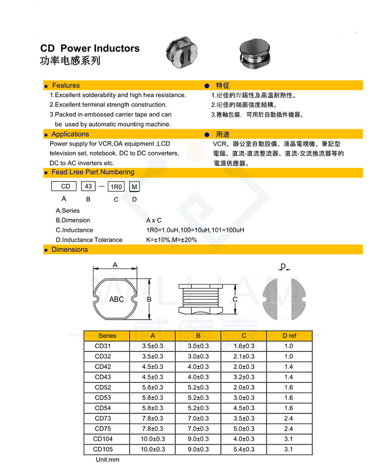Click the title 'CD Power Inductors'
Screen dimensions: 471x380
point(90,49)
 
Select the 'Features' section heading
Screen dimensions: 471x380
point(65,86)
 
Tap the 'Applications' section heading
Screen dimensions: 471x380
point(70,134)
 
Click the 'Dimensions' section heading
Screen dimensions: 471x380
point(69,250)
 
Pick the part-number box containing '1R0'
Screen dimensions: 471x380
point(117,187)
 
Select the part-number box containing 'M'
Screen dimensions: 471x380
point(134,187)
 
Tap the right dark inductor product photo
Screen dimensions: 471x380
point(256,53)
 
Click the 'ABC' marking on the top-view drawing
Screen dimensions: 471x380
point(117,299)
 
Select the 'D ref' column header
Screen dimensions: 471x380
point(289,336)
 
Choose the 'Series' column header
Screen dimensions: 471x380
point(107,336)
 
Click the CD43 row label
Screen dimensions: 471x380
point(103,377)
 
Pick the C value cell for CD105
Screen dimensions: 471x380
point(244,449)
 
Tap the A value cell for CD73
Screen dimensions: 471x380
point(152,418)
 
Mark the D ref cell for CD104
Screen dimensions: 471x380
point(289,439)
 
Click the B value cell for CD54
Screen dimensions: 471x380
point(198,408)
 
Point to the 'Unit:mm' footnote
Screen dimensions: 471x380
point(107,460)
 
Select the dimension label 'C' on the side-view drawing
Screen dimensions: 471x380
point(235,299)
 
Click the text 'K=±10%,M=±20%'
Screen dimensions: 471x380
point(171,240)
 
